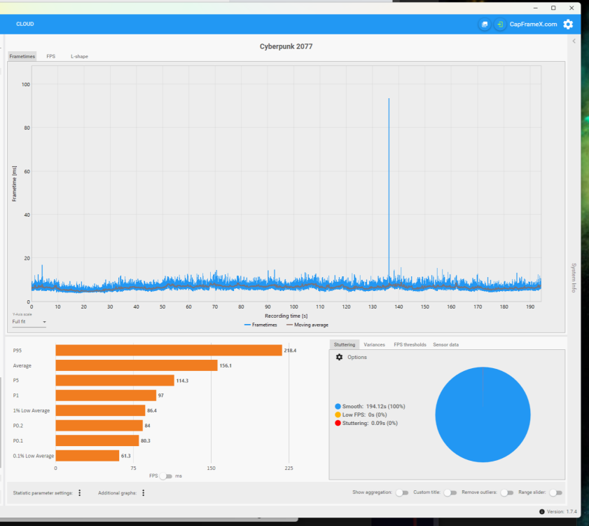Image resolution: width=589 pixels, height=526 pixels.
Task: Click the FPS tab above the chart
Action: pos(51,56)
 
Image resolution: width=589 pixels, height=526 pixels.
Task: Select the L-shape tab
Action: pos(79,56)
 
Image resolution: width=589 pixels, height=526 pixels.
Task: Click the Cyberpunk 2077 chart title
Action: pos(286,46)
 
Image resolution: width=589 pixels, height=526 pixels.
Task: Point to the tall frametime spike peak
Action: pos(389,100)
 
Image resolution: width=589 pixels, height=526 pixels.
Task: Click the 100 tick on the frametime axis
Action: pos(26,84)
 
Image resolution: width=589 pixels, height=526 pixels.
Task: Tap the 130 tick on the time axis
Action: pos(373,306)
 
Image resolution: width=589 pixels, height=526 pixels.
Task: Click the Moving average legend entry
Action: pos(307,325)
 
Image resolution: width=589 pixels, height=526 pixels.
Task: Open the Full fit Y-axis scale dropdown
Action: pos(29,322)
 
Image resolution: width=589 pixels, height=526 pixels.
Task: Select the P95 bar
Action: pos(168,350)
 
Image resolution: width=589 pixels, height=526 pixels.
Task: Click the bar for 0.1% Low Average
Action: pos(87,456)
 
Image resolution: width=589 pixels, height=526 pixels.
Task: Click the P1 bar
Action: pos(105,396)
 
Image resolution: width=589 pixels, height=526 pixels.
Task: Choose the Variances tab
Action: pos(374,345)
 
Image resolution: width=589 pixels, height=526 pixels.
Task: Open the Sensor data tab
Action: pos(445,345)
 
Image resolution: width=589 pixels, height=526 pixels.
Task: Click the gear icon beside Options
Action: pos(340,357)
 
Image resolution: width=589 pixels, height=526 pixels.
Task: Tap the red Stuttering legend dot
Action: pos(338,423)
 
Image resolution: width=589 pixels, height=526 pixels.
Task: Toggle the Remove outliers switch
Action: pos(506,493)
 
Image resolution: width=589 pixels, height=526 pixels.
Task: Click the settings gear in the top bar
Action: pos(568,24)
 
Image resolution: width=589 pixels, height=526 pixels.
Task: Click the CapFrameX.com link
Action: pos(533,24)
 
